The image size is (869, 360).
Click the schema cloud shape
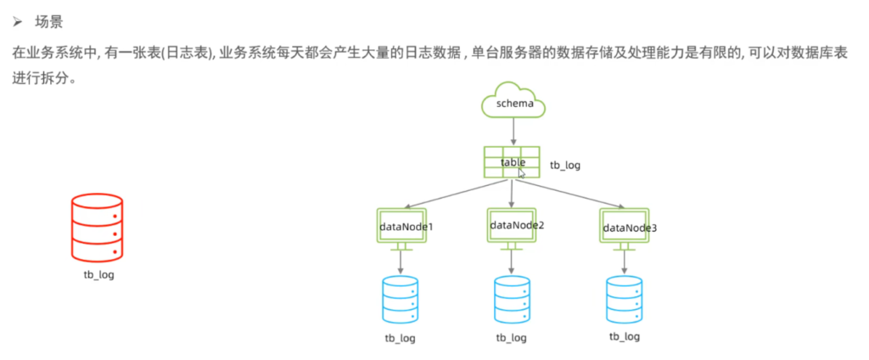coord(513,102)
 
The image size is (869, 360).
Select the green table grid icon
coord(512,162)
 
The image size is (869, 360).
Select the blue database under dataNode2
coord(511,298)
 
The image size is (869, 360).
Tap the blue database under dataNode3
coord(624,298)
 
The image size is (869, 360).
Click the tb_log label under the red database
coord(98,274)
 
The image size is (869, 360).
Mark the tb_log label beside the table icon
coord(565,166)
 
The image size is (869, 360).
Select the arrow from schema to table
coord(513,131)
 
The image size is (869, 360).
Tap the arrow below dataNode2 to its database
coord(511,262)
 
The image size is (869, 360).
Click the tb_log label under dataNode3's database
coord(625,336)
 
